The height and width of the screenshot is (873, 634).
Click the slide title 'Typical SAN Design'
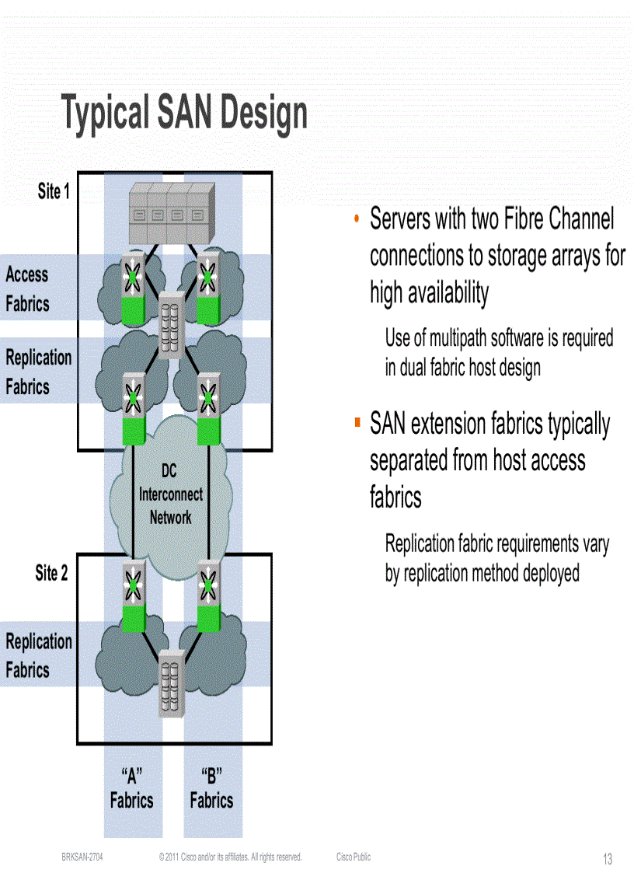(185, 113)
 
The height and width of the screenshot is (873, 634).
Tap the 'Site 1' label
(54, 191)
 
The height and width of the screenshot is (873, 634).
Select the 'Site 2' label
(51, 574)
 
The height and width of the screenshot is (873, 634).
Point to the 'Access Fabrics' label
(27, 289)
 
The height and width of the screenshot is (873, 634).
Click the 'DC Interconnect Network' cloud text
(170, 494)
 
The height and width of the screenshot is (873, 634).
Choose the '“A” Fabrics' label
(131, 788)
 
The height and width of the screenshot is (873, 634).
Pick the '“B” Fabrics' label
(211, 788)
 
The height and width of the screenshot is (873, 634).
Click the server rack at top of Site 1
(170, 213)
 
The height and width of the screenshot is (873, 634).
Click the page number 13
(608, 859)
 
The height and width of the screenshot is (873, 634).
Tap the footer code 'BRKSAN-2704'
(82, 857)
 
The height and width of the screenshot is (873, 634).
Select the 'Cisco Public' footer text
(354, 857)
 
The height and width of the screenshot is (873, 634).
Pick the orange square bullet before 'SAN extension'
(357, 423)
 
